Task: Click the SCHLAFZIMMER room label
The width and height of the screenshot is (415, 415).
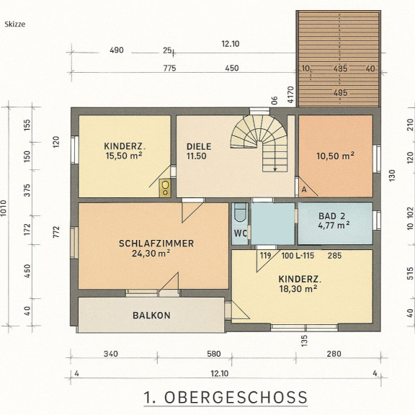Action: pos(156,244)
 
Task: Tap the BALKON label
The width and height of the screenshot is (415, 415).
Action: pos(151,316)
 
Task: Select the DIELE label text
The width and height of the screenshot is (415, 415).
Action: pos(199,147)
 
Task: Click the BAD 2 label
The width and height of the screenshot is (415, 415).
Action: pos(331,216)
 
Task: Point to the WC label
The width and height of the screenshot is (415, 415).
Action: pos(241,233)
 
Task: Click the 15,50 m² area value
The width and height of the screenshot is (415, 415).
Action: pos(124,156)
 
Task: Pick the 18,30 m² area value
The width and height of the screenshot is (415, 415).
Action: pos(298,288)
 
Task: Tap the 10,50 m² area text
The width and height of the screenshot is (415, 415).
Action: pos(335,156)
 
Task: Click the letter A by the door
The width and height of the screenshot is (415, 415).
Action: pos(304,189)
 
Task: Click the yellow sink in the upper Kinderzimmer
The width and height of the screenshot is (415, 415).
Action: pos(165,188)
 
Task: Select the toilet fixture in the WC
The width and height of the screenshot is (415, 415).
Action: pos(240,213)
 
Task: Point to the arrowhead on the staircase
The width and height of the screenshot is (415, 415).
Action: pos(275,169)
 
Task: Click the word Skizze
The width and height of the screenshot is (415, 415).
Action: pos(15,24)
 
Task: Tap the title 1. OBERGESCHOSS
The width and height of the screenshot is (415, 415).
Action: pos(226,397)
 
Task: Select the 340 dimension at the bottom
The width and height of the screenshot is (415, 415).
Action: pos(111,354)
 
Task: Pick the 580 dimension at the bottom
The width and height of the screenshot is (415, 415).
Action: pos(213,354)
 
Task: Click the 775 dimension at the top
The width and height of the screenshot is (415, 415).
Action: pos(169,68)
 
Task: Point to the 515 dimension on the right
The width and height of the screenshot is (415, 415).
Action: pos(410,273)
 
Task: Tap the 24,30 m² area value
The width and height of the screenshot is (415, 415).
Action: pos(151,254)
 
